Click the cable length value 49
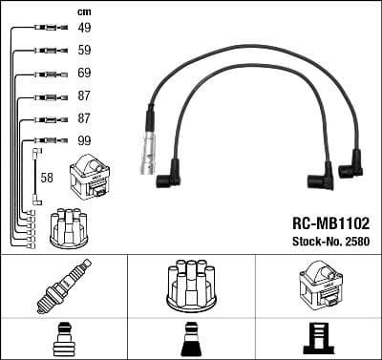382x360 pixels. point(85,28)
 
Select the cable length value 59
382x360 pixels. point(85,50)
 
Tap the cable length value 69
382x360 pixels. point(85,73)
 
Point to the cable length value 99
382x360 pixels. point(85,140)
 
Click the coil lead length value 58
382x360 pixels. point(47,178)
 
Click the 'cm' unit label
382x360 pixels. point(83,10)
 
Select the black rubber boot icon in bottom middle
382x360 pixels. point(190,339)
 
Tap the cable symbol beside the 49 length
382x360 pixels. point(45,28)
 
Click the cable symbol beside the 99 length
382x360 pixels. point(45,140)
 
